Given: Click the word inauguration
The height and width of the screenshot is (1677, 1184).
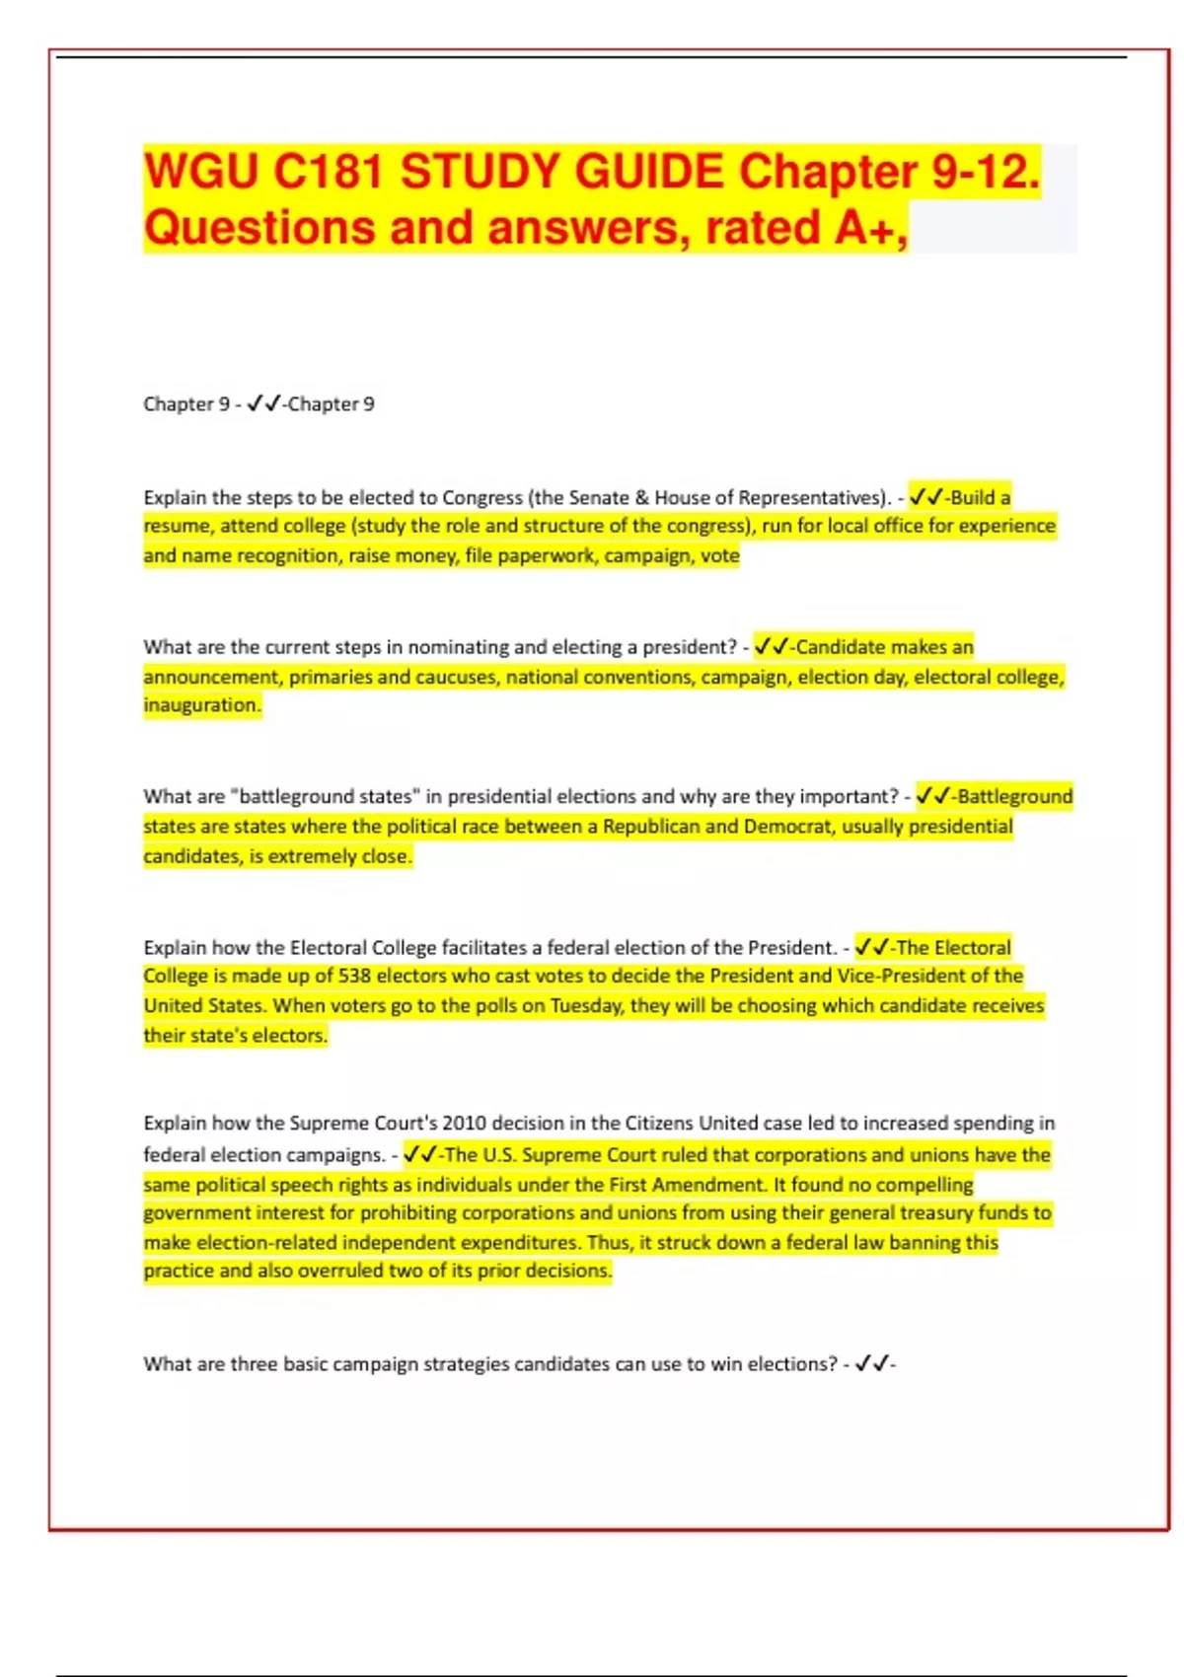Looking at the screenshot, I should pos(202,705).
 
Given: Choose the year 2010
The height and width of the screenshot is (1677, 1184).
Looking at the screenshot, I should pos(464,1124).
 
